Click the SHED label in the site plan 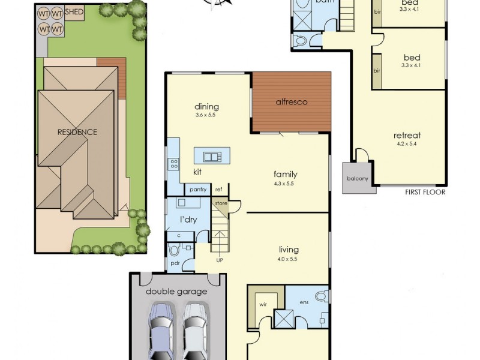pyautogui.click(x=74, y=11)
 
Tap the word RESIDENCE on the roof pyautogui.click(x=77, y=132)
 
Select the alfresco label pyautogui.click(x=292, y=102)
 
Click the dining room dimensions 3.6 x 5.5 pyautogui.click(x=206, y=115)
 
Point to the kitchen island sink pyautogui.click(x=212, y=157)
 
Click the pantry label pyautogui.click(x=197, y=190)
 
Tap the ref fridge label pyautogui.click(x=219, y=190)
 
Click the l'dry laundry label pyautogui.click(x=188, y=220)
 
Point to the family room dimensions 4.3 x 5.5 pyautogui.click(x=286, y=184)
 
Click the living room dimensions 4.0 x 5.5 pyautogui.click(x=288, y=259)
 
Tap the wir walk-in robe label pyautogui.click(x=262, y=304)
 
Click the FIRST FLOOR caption pyautogui.click(x=425, y=192)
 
